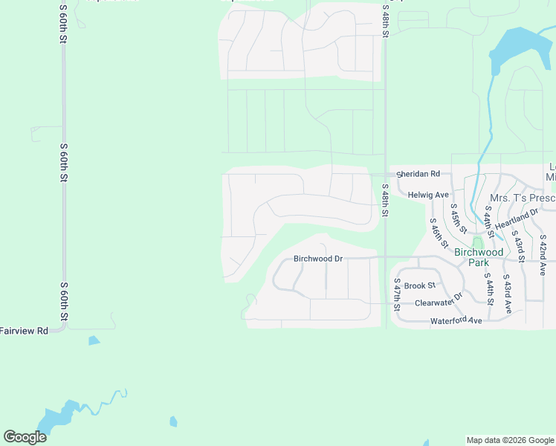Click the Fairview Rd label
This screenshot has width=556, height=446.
point(24,330)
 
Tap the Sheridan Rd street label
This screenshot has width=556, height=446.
point(418,174)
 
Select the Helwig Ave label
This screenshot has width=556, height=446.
point(429,195)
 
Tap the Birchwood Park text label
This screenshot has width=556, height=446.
point(479,257)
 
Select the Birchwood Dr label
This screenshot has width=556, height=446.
point(317,259)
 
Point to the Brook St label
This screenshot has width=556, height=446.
point(420,285)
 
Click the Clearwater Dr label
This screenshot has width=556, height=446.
point(439,300)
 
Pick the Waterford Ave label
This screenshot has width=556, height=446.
point(456,321)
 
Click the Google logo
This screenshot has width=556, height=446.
point(25,437)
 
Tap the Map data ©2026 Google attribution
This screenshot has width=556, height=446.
point(510,440)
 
